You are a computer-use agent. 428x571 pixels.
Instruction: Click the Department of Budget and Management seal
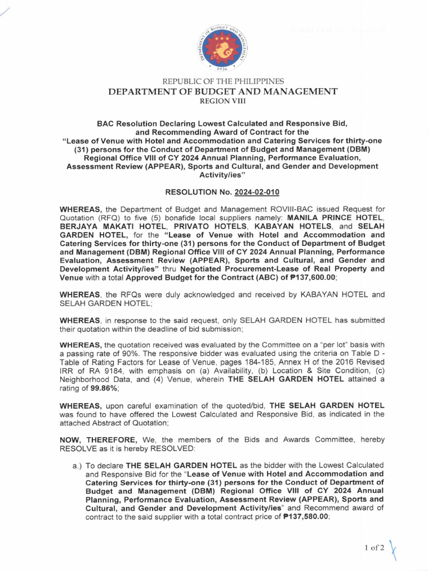(x=222, y=46)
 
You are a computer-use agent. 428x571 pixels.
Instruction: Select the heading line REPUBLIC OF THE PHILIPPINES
(x=222, y=81)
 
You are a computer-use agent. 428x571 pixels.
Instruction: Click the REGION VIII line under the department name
(x=222, y=100)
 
